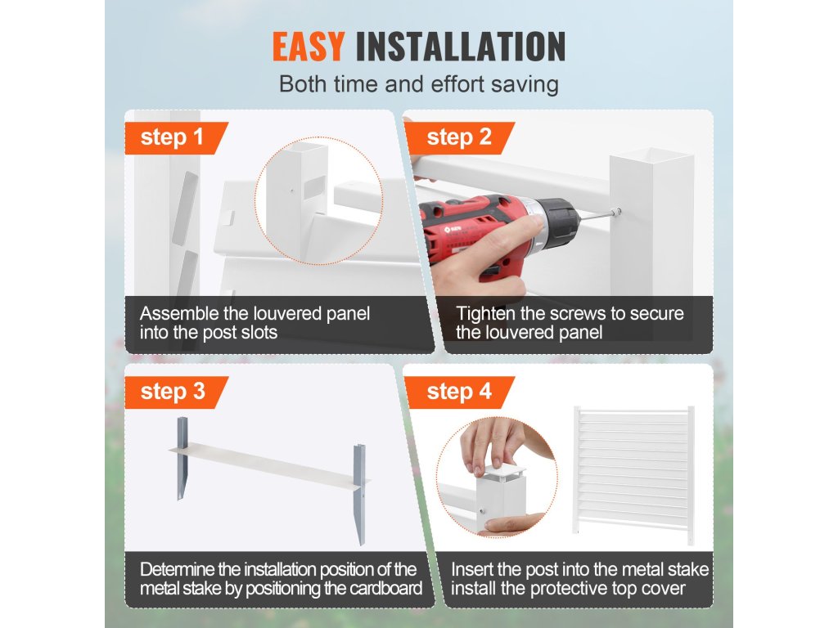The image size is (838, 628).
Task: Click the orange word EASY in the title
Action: click(309, 47)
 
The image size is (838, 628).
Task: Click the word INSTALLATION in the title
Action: click(461, 47)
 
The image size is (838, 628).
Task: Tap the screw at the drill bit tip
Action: click(616, 212)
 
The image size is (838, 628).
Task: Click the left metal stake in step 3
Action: click(182, 458)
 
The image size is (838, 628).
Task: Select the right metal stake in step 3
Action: click(360, 494)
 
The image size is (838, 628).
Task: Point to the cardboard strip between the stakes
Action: click(268, 465)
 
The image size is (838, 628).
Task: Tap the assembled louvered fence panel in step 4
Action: click(634, 474)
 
